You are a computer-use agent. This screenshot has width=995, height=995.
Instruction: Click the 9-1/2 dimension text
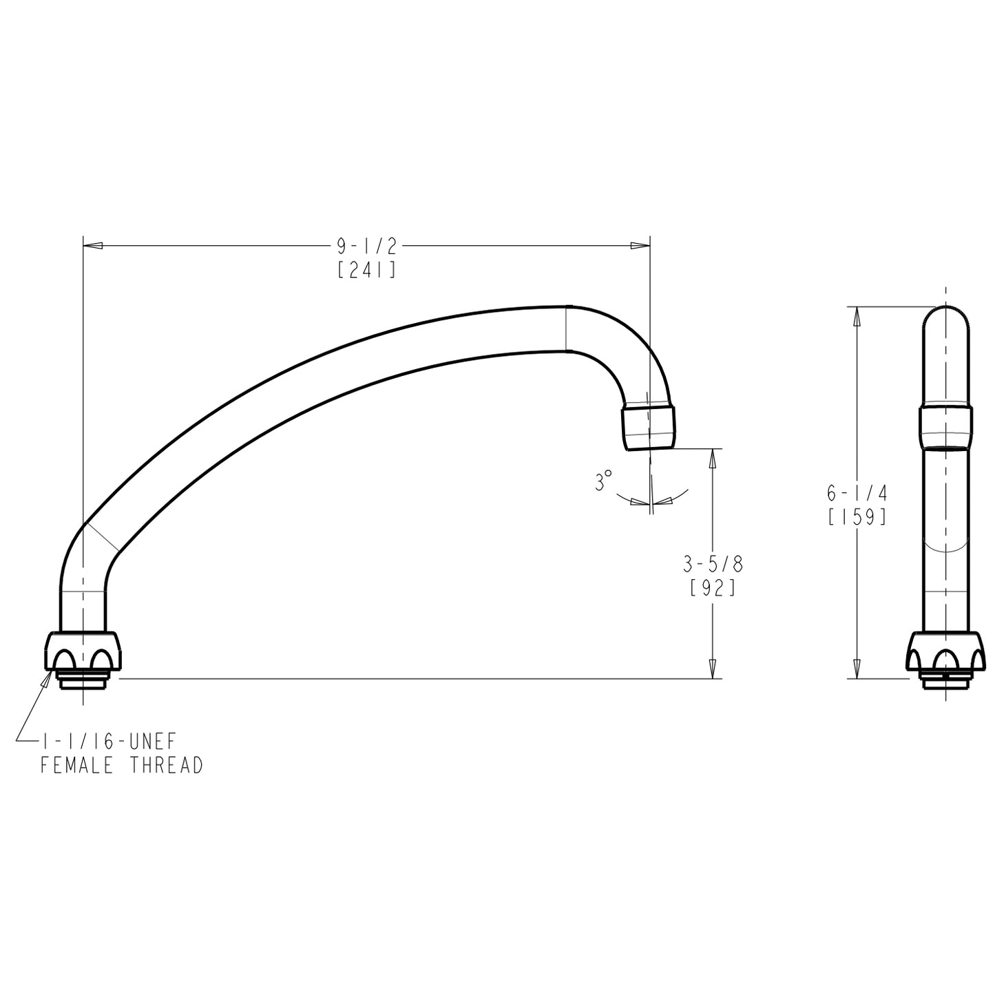(367, 246)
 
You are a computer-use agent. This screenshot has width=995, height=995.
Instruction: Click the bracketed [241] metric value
(367, 270)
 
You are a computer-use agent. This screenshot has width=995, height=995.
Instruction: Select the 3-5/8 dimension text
(713, 565)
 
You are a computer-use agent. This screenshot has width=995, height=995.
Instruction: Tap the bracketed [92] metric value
(713, 589)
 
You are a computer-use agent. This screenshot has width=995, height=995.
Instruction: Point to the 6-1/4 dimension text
(857, 493)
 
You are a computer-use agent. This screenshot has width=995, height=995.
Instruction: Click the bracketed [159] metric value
(857, 517)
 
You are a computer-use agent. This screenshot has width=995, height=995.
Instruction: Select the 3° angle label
(603, 481)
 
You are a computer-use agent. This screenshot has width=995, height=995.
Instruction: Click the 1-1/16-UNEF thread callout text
(109, 742)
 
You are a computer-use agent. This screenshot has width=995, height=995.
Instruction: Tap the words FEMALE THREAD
(121, 765)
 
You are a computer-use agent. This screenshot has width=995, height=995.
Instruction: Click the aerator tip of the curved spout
(649, 428)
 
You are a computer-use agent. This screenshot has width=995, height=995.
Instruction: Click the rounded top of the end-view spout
(946, 324)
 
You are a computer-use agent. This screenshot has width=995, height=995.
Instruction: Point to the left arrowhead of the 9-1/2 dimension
(92, 246)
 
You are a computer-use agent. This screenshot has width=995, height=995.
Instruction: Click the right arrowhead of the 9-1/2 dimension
(641, 246)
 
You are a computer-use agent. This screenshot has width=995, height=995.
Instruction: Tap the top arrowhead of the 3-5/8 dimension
(713, 459)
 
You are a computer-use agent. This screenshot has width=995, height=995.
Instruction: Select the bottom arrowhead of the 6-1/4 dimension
(857, 669)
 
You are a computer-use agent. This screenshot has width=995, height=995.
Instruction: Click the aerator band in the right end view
(946, 428)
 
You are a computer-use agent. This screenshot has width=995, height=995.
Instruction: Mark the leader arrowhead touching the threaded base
(48, 678)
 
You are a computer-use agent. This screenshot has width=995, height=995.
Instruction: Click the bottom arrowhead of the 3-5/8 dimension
(713, 669)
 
